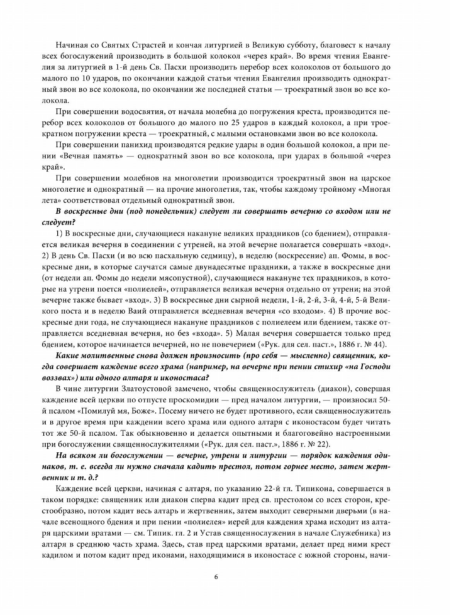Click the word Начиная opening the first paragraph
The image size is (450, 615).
click(x=70, y=43)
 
